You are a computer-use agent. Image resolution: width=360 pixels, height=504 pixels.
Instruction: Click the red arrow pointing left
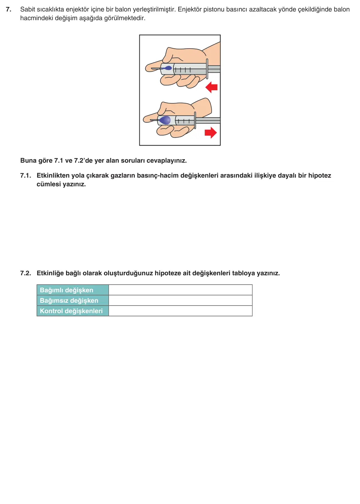coord(212,87)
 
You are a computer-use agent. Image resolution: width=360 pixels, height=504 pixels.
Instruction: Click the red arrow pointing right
coord(211,132)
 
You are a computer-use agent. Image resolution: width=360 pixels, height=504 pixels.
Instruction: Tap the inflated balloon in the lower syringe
coord(165,120)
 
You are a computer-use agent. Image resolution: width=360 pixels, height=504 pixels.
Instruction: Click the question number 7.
coord(9,9)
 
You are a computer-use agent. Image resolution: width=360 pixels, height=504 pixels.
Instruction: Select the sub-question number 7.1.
coord(26,176)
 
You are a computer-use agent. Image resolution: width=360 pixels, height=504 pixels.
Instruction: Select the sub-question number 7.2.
coord(26,273)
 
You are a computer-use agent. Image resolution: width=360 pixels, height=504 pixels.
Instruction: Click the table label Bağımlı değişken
coord(67,290)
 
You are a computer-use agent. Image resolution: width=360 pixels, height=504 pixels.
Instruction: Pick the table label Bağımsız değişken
coord(69,301)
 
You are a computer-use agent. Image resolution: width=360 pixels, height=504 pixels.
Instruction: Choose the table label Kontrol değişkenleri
coord(71,311)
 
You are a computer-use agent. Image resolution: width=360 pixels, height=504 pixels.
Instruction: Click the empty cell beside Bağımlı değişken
coord(180,290)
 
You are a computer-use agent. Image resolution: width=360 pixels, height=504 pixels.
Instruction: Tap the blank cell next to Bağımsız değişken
coord(180,300)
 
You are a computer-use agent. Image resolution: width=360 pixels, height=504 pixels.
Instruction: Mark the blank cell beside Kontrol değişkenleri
coord(180,311)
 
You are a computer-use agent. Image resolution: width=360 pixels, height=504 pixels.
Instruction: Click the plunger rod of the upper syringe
coord(214,69)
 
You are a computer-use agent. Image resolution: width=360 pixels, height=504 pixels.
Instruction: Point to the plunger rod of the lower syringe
coord(208,121)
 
